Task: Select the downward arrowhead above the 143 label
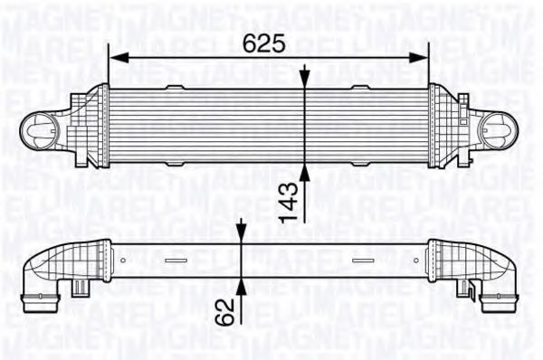(305, 79)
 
